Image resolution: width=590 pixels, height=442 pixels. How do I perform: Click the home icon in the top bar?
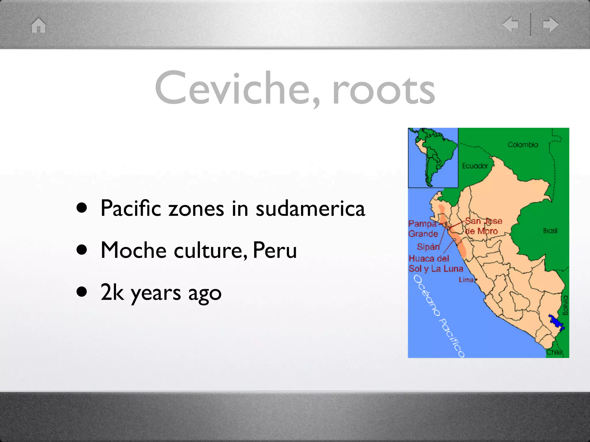click(x=39, y=25)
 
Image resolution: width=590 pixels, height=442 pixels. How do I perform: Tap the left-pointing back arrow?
click(x=510, y=24)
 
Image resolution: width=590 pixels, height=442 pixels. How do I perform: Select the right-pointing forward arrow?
click(x=550, y=24)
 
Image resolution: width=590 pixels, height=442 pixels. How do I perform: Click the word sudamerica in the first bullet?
click(x=310, y=208)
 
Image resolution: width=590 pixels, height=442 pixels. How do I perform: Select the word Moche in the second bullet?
click(x=133, y=250)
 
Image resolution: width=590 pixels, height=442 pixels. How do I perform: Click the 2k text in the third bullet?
click(x=112, y=292)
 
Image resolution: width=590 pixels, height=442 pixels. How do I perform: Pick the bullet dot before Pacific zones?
click(x=82, y=208)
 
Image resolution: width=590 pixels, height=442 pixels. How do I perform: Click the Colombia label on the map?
click(x=523, y=145)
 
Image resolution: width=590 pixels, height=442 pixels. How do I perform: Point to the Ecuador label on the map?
click(x=475, y=166)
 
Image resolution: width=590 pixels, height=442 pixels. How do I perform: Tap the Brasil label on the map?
click(x=550, y=231)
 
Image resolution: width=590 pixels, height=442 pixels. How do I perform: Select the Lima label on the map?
click(x=466, y=280)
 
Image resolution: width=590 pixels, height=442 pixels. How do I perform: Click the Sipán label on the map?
click(x=428, y=247)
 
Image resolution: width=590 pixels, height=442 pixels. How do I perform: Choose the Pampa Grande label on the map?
click(x=423, y=229)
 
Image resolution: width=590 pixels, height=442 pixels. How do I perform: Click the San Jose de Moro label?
click(x=483, y=226)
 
